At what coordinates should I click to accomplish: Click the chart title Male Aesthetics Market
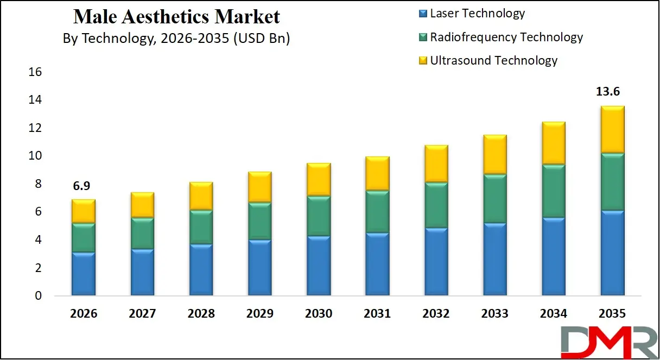click(176, 17)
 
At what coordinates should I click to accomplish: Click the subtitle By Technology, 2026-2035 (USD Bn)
click(176, 39)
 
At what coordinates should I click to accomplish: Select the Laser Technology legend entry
click(477, 14)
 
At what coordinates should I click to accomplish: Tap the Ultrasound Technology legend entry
click(493, 60)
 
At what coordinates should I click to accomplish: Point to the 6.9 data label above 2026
click(83, 186)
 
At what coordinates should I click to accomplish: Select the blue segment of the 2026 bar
click(83, 274)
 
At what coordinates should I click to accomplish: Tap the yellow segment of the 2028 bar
click(200, 196)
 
